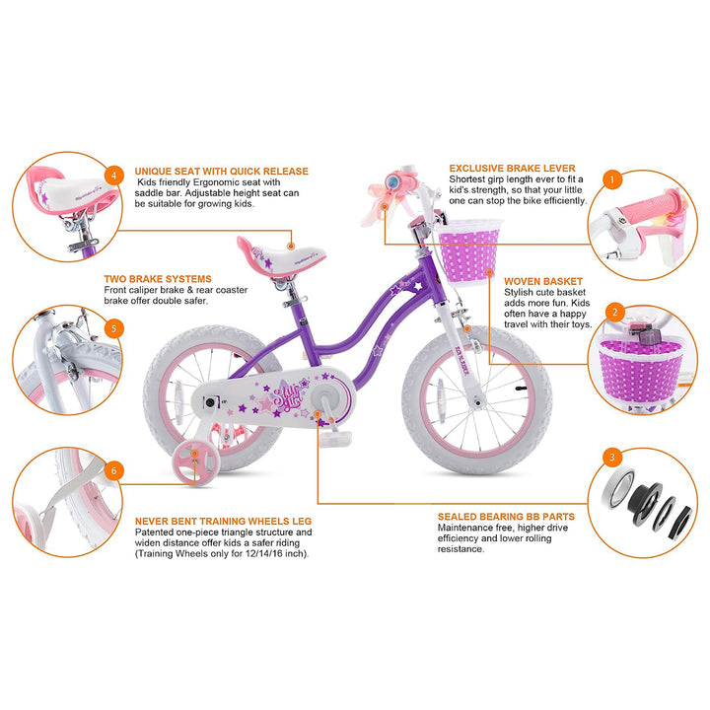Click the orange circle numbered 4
coord(114,176)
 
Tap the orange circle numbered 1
coord(614,179)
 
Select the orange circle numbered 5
coord(114,329)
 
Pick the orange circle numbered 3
coord(613,457)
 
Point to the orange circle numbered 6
coord(114,471)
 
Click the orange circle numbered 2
coord(614,313)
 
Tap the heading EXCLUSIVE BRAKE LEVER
coord(512,169)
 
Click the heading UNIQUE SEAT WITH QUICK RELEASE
coord(222,170)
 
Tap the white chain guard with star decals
coord(278,401)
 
